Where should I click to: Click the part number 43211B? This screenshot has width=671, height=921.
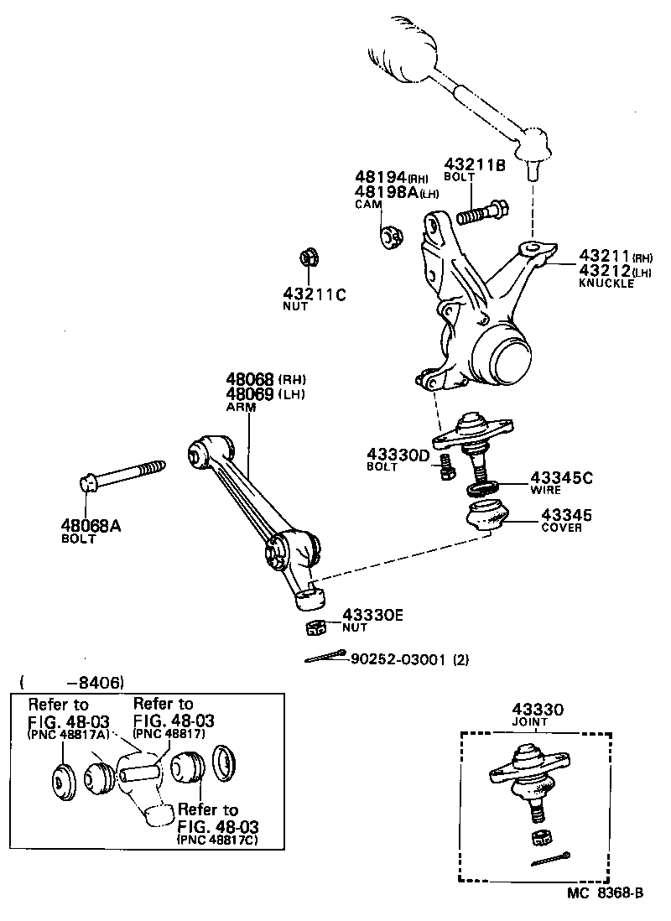pos(475,165)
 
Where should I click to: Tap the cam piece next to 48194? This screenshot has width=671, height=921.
pos(390,237)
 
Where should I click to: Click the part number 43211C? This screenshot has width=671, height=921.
pos(314,294)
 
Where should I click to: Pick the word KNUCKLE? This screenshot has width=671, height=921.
pos(606,284)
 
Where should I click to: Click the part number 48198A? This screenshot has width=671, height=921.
pos(387,192)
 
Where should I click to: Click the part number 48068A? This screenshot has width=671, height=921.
pos(91,526)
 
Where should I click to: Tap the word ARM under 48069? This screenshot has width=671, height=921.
pos(241,407)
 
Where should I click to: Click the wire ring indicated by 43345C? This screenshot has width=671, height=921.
pos(483,487)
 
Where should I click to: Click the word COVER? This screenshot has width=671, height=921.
pos(561,528)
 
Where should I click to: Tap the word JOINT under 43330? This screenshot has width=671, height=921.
pos(530,721)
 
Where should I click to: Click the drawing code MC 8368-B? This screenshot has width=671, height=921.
pos(604,894)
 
